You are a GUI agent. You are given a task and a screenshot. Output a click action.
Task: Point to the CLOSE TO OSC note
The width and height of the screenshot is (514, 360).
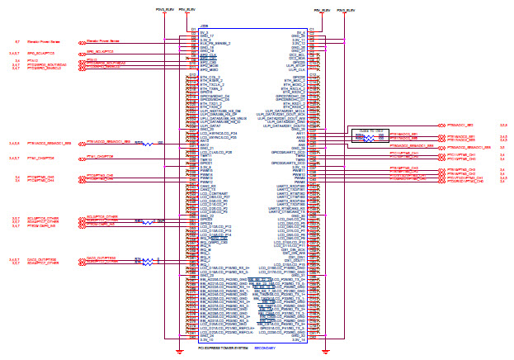[x=368, y=130]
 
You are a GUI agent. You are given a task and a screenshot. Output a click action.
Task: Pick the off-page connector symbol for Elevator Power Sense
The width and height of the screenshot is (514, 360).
[x=81, y=40]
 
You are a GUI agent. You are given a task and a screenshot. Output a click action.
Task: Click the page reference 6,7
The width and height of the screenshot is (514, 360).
[x=18, y=40]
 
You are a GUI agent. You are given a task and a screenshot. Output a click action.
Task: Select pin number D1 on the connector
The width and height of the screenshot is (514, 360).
[x=193, y=31]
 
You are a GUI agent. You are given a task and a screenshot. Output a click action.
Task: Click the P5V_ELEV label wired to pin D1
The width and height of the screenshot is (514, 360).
[x=189, y=9]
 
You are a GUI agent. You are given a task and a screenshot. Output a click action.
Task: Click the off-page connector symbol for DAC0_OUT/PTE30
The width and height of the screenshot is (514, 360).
[x=81, y=259]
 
